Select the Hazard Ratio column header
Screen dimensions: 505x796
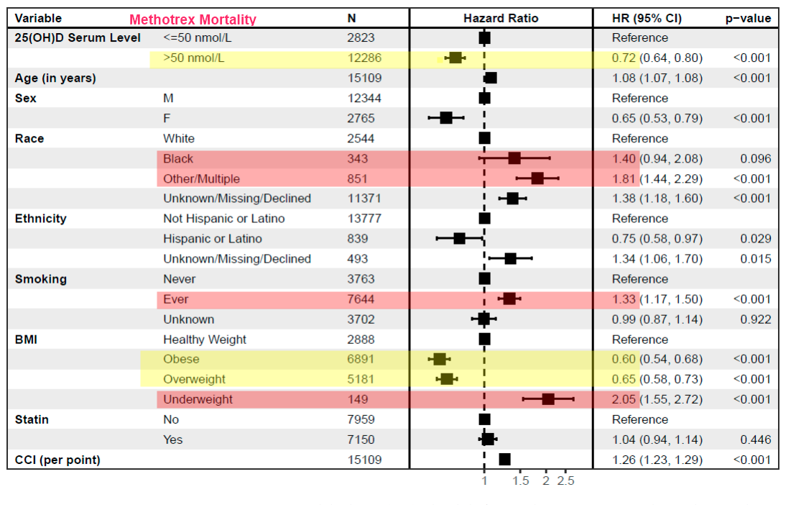[501, 19]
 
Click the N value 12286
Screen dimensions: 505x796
[364, 58]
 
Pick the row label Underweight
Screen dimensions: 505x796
[198, 399]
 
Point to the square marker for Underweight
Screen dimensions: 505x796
[548, 399]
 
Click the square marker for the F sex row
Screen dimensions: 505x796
[446, 118]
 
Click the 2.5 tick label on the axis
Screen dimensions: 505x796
[565, 481]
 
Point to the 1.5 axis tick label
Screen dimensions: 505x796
[521, 481]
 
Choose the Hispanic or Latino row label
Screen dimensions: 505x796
[213, 239]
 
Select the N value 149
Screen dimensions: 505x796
[357, 399]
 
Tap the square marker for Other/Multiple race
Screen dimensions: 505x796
[537, 178]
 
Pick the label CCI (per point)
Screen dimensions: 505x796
[57, 460]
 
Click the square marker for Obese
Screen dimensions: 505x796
[440, 359]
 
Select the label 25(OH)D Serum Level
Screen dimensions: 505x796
[78, 37]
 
